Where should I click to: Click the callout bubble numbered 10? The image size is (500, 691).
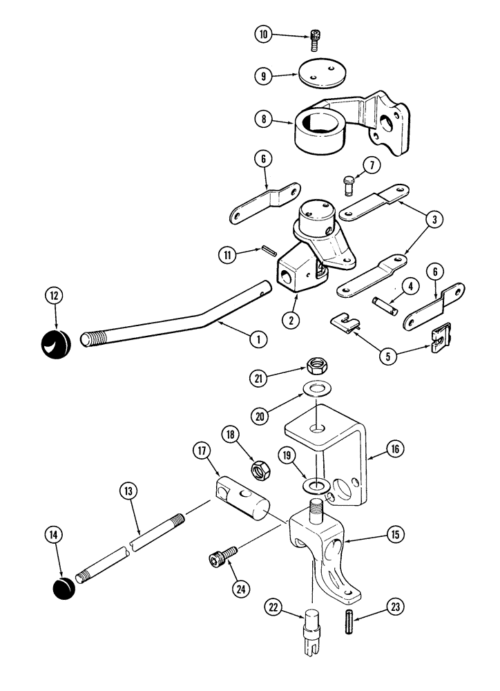(263, 34)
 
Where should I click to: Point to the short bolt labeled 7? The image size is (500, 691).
(349, 183)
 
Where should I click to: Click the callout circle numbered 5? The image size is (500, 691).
(389, 357)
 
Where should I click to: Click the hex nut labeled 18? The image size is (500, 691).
(261, 469)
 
